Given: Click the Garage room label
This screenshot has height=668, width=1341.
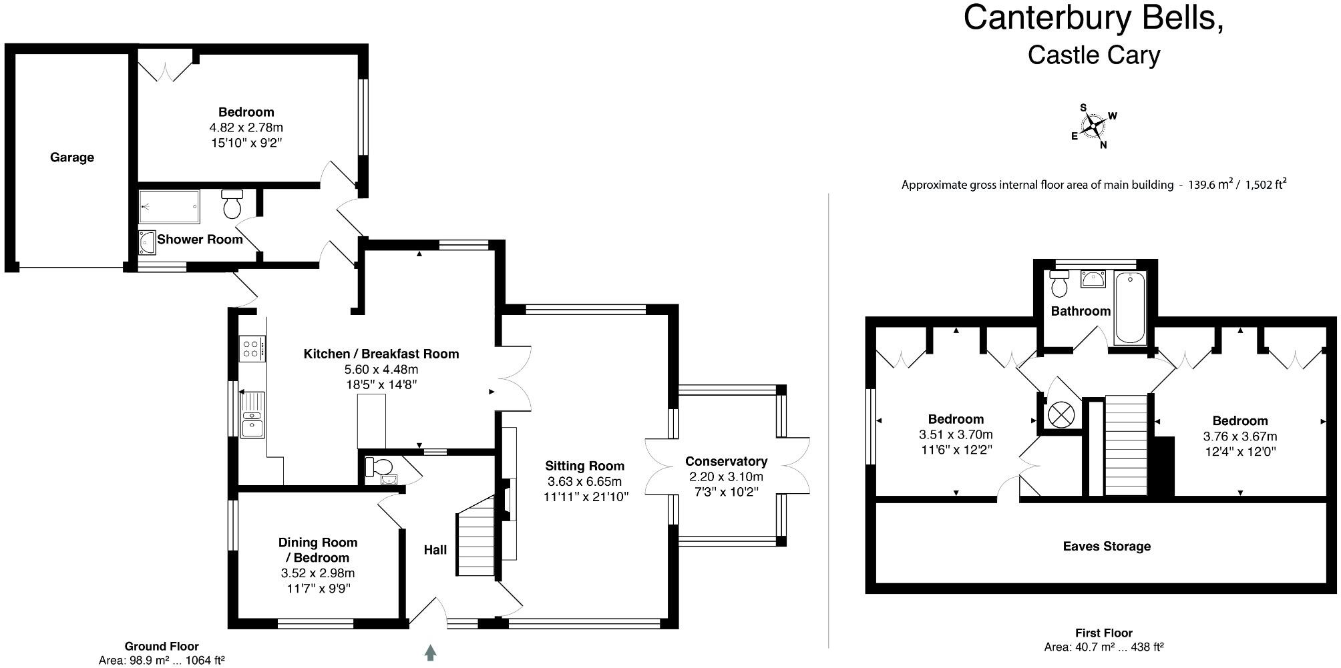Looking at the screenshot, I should [72, 157].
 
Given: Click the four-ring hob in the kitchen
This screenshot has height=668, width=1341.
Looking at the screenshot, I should [252, 348].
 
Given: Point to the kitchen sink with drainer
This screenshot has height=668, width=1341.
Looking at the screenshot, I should [252, 414].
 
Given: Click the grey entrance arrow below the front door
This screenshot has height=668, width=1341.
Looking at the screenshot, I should [431, 652].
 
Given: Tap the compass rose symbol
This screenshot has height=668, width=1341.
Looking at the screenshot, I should [1093, 125].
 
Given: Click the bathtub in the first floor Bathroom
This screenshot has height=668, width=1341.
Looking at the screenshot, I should [1129, 307].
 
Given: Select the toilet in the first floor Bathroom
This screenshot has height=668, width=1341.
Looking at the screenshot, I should [1059, 285].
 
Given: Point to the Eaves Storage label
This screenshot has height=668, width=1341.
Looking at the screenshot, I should [1107, 547].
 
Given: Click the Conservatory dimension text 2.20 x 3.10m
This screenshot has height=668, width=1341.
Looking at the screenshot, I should [726, 477].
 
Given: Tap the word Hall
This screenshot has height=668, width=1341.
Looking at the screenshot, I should [435, 550].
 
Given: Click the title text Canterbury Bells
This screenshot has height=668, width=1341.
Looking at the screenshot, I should [1093, 18].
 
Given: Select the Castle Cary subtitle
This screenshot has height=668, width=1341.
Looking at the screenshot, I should [1093, 55].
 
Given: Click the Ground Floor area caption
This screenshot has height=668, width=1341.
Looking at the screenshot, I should [162, 653].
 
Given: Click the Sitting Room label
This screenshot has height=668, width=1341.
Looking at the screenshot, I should [584, 466].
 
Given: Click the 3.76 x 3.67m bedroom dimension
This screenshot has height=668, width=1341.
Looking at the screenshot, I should [1239, 436].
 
